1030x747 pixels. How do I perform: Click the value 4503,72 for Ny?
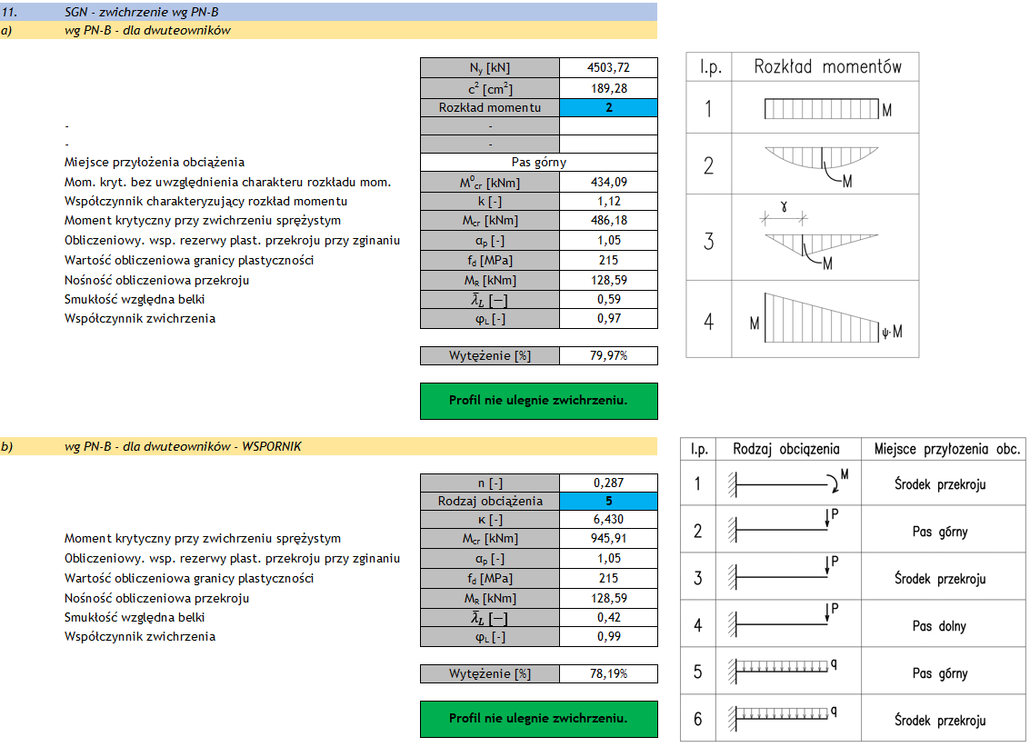(608, 68)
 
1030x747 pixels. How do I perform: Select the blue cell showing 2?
(608, 108)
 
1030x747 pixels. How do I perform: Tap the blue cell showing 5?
(608, 501)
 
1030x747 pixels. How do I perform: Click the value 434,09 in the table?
(608, 183)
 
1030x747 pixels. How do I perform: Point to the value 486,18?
(608, 221)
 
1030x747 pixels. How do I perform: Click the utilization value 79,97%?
(608, 355)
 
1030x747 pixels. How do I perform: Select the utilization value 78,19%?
(608, 673)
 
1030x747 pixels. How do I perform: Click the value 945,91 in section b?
(608, 539)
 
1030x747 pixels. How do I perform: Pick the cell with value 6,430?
(608, 520)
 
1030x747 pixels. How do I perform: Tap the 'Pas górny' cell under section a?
(539, 163)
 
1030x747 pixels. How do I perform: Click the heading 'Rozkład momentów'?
(827, 67)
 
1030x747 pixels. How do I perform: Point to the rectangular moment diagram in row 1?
(821, 110)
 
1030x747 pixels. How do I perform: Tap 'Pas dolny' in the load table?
(939, 626)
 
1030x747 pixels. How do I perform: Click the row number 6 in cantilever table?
(698, 720)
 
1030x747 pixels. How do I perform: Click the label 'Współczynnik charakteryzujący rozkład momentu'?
(205, 202)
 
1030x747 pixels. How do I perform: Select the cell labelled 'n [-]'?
(490, 483)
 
